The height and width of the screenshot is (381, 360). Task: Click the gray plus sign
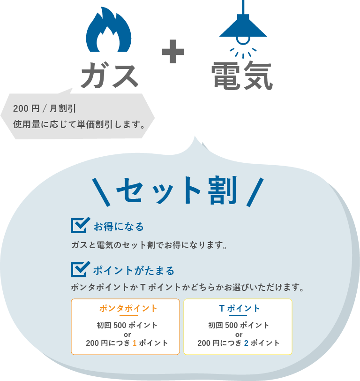[x=173, y=52]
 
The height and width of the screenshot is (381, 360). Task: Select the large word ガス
[x=109, y=76]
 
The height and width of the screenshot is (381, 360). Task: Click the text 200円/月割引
[x=45, y=109]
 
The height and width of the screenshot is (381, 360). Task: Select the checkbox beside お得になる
[x=80, y=225]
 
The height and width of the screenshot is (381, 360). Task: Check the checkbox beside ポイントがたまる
[x=80, y=269]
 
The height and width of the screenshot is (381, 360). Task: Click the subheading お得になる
[x=119, y=227]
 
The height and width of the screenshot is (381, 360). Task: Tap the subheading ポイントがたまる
[x=134, y=271]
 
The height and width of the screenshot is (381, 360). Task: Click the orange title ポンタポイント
[x=128, y=309]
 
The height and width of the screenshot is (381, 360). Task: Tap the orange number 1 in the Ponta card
[x=135, y=343]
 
